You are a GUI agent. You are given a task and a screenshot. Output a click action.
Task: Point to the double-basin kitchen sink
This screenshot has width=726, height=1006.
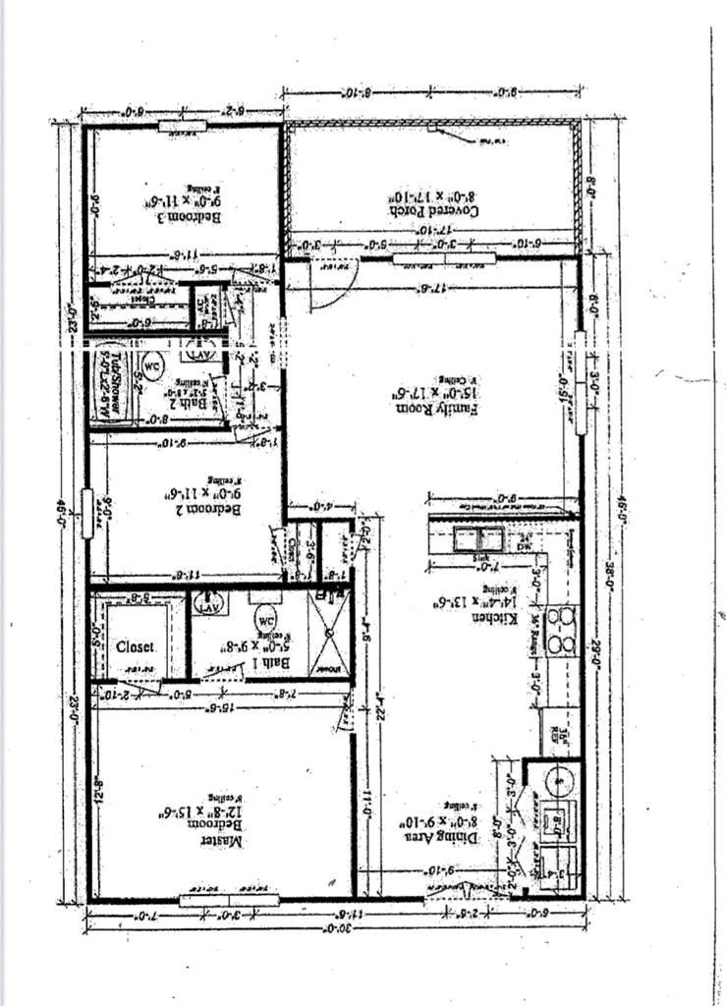click(x=478, y=538)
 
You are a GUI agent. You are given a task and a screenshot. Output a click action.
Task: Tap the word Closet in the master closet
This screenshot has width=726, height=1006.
click(x=136, y=647)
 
